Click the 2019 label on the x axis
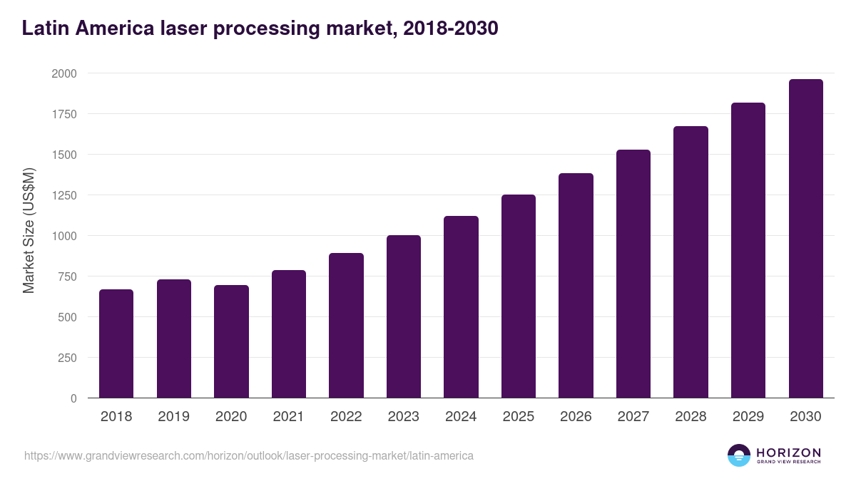tap(173, 417)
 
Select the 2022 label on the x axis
tap(346, 417)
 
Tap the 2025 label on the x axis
tap(518, 417)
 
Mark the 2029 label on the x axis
tap(748, 417)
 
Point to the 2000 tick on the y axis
tap(64, 73)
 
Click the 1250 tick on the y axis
tap(64, 195)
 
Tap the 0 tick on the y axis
tap(73, 398)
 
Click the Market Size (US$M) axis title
tap(29, 230)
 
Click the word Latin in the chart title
tap(46, 29)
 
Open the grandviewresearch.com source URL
tap(248, 455)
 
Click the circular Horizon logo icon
tap(739, 455)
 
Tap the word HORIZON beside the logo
tap(788, 452)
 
